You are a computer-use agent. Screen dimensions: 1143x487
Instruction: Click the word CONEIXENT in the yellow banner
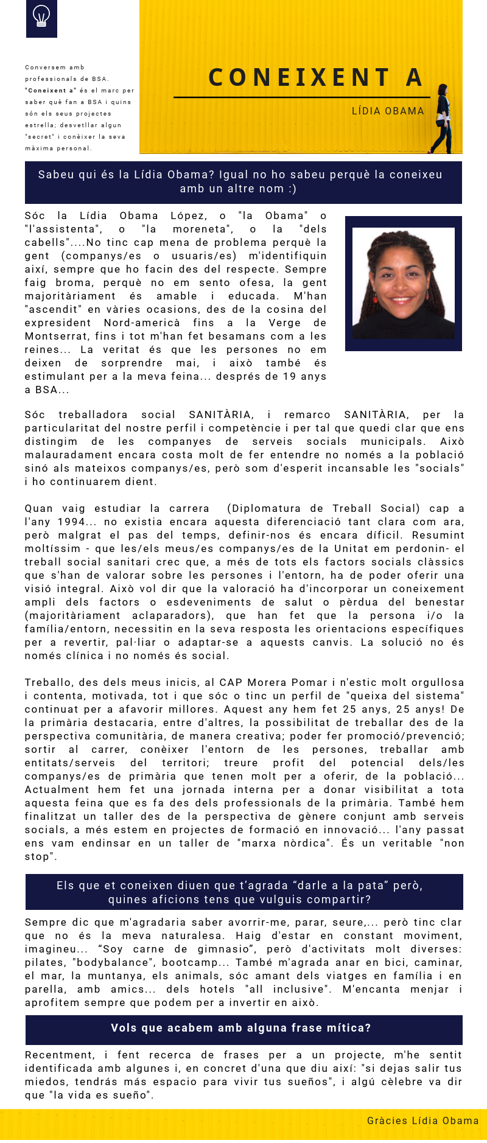pyautogui.click(x=300, y=78)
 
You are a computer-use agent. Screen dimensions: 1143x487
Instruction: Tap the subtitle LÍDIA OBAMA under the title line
pyautogui.click(x=388, y=111)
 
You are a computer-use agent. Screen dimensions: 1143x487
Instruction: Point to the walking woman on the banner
pyautogui.click(x=442, y=119)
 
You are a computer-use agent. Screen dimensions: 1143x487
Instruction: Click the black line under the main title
pyautogui.click(x=301, y=97)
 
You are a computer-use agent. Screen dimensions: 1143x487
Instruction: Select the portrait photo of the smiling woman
pyautogui.click(x=403, y=283)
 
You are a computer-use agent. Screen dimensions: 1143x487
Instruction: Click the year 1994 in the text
pyautogui.click(x=71, y=522)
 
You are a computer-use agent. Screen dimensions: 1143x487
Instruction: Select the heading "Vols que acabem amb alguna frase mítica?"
pyautogui.click(x=241, y=1028)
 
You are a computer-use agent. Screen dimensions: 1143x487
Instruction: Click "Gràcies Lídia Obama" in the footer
pyautogui.click(x=422, y=1120)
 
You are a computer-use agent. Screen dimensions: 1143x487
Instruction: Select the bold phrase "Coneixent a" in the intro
pyautogui.click(x=51, y=90)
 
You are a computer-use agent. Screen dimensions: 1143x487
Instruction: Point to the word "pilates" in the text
pyautogui.click(x=44, y=962)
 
